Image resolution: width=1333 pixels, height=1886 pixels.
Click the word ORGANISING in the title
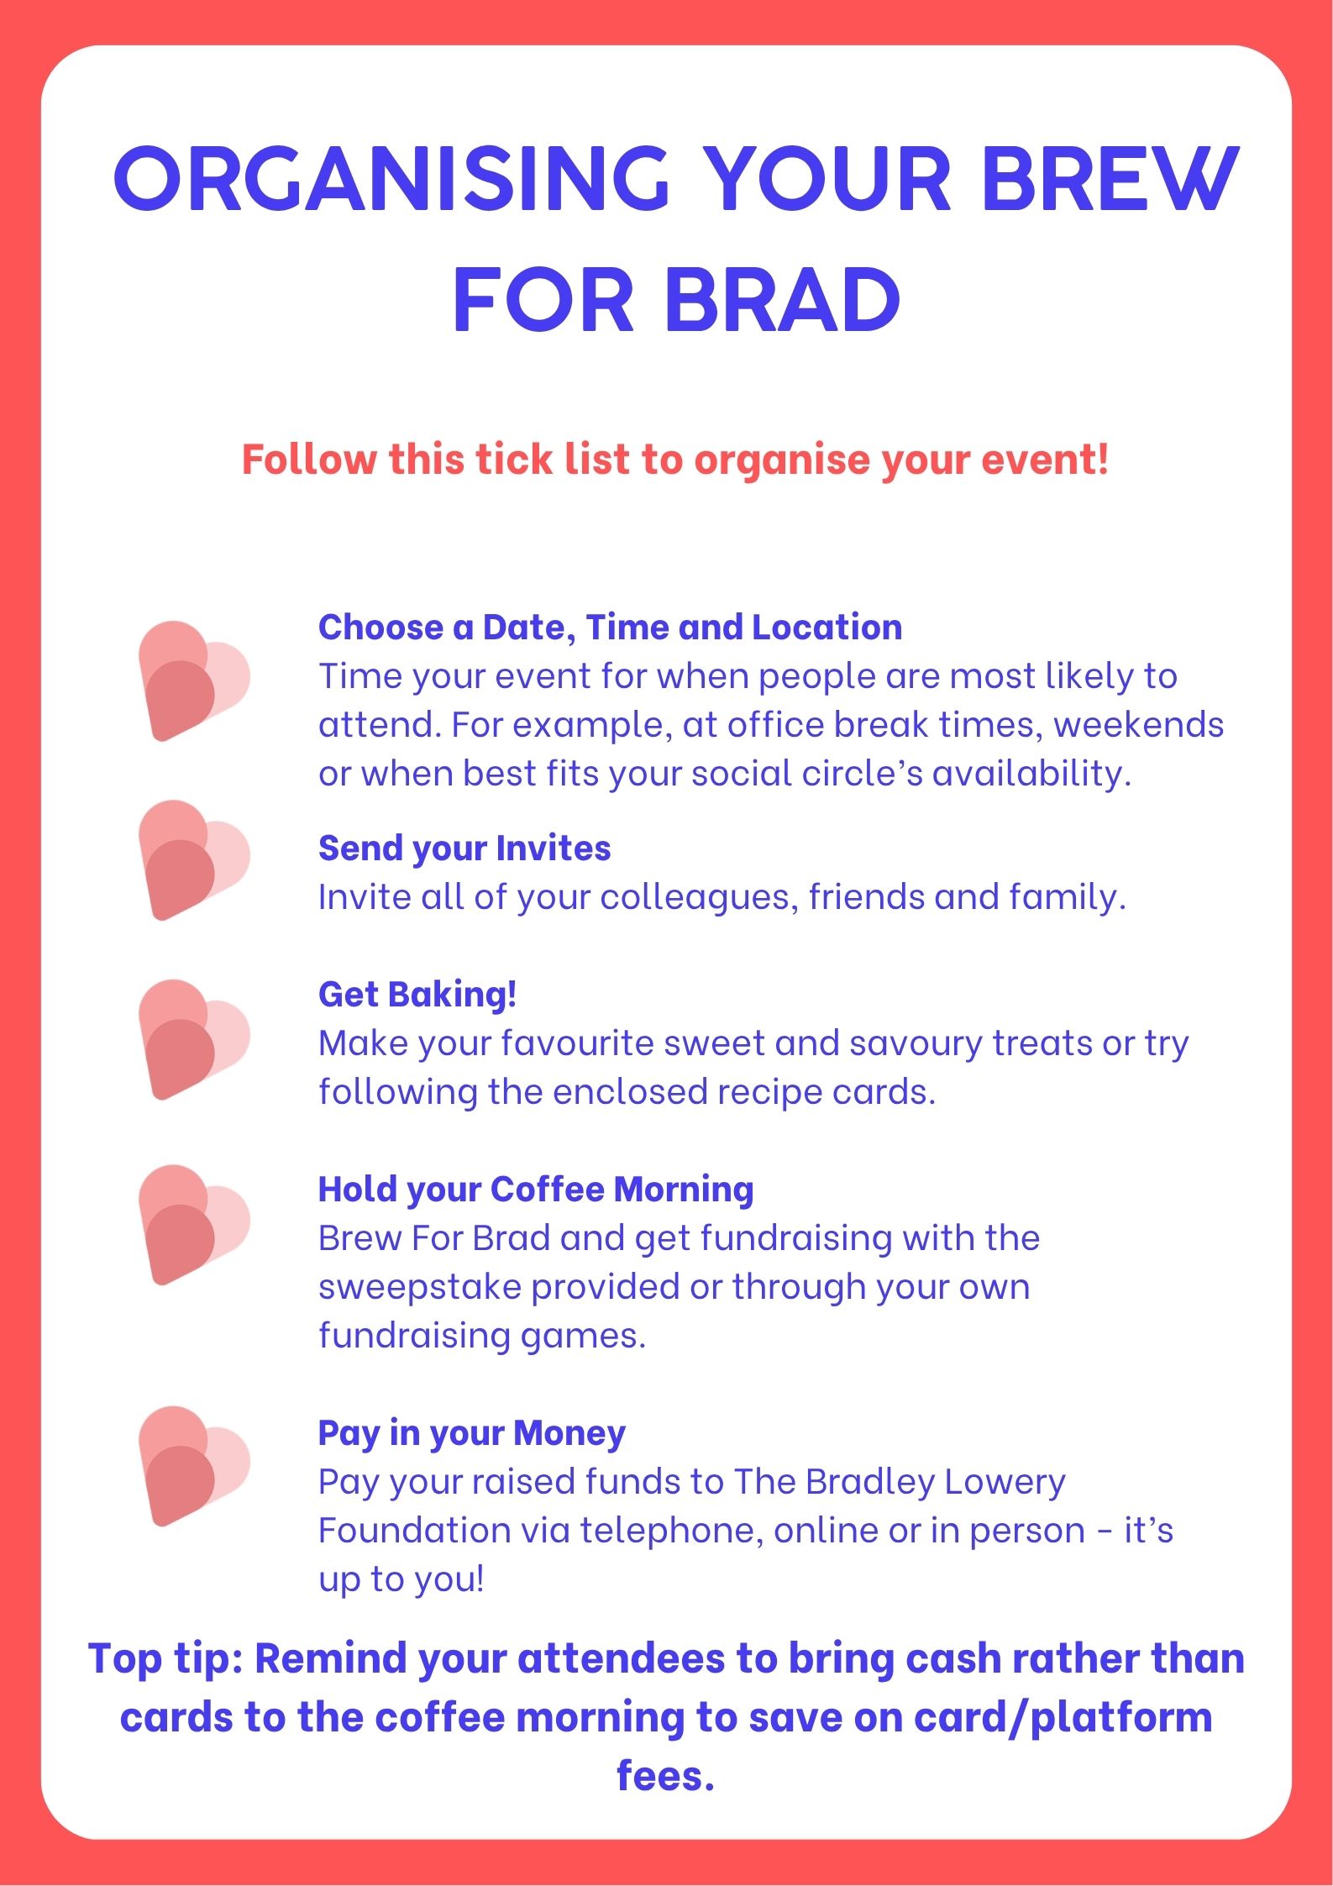coord(391,178)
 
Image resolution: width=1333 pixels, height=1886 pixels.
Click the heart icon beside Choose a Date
coord(194,681)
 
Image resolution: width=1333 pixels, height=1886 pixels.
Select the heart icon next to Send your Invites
coord(194,860)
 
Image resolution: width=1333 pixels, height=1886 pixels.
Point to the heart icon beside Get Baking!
coord(194,1039)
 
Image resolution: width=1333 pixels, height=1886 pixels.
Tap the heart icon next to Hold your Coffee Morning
coord(194,1225)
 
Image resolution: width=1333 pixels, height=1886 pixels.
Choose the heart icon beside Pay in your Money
coord(194,1466)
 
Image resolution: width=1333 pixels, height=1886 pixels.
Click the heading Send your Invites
coord(464,849)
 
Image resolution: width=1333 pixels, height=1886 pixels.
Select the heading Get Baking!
coord(417,996)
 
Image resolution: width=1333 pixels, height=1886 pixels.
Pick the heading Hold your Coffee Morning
coord(536,1190)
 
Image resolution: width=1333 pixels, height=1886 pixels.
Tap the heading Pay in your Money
coord(472,1434)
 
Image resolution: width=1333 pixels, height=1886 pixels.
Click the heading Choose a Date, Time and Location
coord(611,628)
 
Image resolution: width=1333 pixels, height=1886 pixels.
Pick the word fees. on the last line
coord(665,1776)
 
